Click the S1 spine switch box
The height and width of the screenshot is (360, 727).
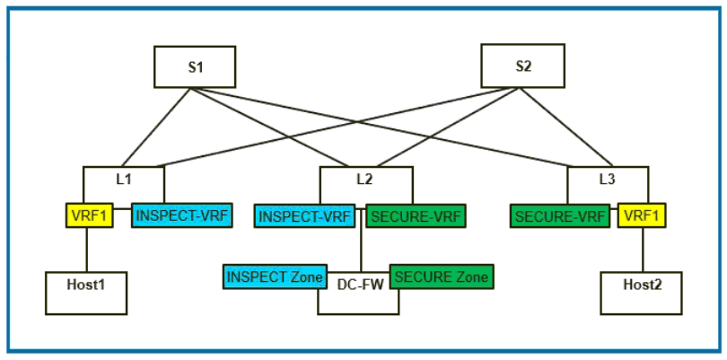(x=194, y=66)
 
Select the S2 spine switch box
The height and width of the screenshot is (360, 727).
(x=521, y=66)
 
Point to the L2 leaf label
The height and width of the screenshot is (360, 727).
(x=364, y=179)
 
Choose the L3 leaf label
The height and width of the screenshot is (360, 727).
(x=607, y=179)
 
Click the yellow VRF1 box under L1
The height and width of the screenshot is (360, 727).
(x=88, y=215)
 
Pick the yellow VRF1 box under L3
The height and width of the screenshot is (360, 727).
(x=641, y=215)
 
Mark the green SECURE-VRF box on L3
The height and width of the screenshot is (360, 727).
(x=563, y=215)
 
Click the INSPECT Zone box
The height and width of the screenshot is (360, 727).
(x=274, y=277)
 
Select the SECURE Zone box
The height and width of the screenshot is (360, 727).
(x=441, y=277)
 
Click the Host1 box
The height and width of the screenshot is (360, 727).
(x=85, y=293)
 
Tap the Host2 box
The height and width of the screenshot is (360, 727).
(x=641, y=293)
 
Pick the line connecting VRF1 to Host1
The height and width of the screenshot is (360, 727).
(x=86, y=250)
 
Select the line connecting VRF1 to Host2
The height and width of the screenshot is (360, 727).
(x=642, y=250)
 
